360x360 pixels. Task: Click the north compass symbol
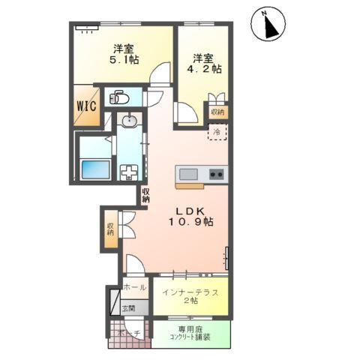270,25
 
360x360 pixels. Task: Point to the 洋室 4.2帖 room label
205,62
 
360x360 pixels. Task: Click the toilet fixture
118,97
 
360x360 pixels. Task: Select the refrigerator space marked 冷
216,133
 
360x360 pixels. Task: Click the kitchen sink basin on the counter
187,175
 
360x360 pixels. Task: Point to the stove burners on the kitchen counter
216,175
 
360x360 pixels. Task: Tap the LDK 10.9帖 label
186,215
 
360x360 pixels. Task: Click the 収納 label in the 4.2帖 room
217,112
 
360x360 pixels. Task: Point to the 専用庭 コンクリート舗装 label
193,333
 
